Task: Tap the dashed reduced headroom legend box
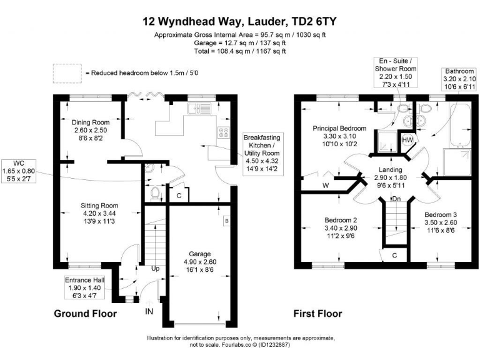click(66, 72)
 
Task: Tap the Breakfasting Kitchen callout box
click(262, 153)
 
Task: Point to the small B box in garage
click(226, 221)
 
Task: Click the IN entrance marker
click(149, 311)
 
